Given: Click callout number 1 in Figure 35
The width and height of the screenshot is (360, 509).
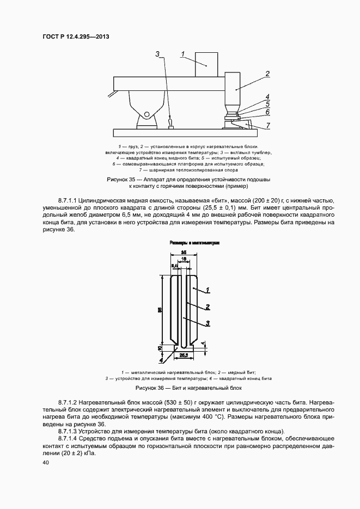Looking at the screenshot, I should tap(183, 53).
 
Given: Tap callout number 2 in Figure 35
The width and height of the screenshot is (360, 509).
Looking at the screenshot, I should tap(267, 73).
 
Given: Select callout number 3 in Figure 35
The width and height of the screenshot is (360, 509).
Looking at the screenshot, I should tap(157, 54).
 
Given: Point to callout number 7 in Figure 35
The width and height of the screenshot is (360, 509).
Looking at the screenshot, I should tap(267, 125).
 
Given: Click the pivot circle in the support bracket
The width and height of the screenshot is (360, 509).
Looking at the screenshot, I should tap(147, 114).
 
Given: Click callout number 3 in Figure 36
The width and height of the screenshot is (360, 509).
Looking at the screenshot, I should tap(208, 323).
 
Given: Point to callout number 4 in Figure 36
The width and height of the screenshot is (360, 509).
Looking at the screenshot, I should tap(162, 360).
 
